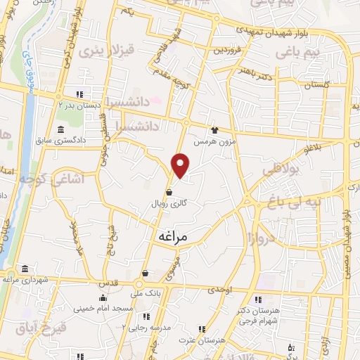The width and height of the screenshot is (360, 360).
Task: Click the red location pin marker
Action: [x=181, y=165]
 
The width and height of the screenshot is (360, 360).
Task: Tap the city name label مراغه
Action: [x=169, y=238]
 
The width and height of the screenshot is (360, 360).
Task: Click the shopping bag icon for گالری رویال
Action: [x=169, y=191]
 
